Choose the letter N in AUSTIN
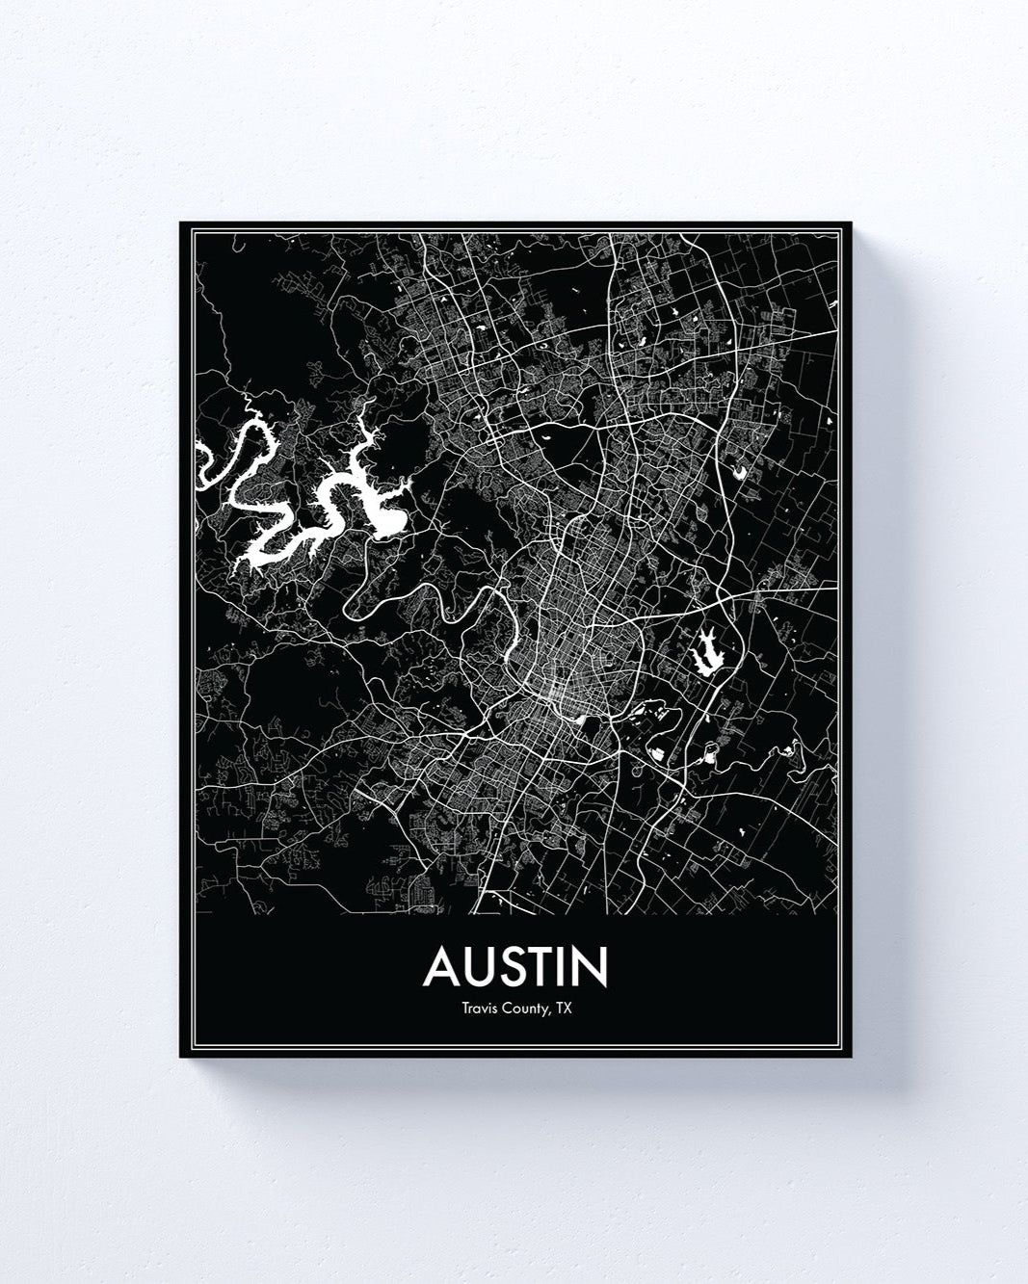pos(592,968)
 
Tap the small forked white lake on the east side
pos(706,654)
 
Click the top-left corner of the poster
pos(181,223)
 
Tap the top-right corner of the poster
pos(853,223)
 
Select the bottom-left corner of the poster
pos(181,1056)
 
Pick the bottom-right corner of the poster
pos(853,1056)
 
